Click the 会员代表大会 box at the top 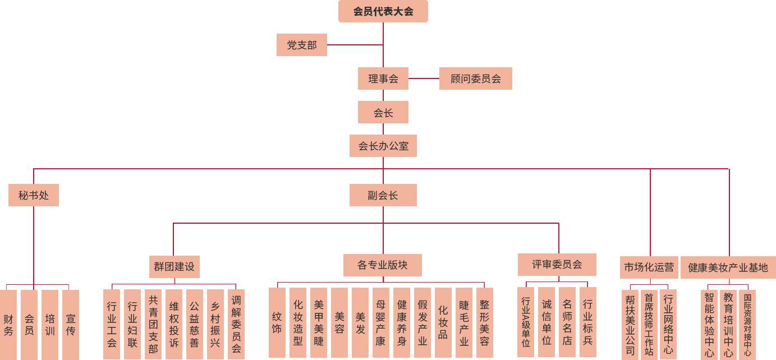(383, 11)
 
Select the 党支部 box (301, 45)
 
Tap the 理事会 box (383, 79)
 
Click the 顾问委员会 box (475, 79)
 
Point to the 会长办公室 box (383, 146)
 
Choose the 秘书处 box (33, 195)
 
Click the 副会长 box (383, 195)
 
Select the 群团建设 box (174, 266)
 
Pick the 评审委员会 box (557, 264)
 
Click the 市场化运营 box (649, 267)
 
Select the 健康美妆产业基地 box (728, 267)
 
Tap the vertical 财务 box (8, 324)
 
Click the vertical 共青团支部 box (153, 324)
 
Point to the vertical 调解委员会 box (236, 324)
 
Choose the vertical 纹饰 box (277, 322)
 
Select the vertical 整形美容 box (484, 322)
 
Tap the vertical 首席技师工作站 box (649, 324)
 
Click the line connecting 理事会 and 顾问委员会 (424, 79)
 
